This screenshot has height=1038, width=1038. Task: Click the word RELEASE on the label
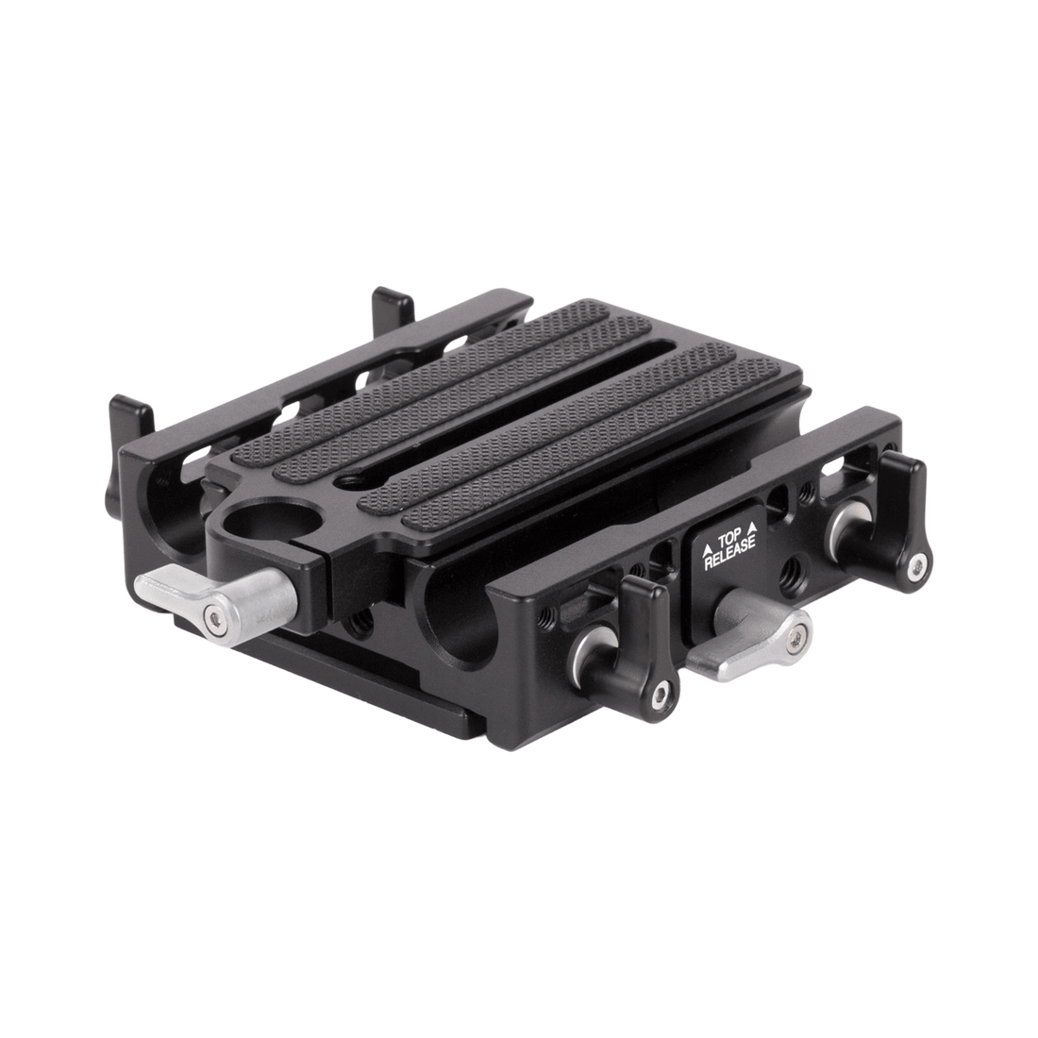click(729, 554)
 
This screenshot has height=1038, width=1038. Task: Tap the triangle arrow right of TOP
click(751, 527)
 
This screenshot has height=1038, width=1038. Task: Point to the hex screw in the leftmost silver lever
click(212, 618)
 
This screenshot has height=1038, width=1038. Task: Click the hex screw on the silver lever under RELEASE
click(795, 638)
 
